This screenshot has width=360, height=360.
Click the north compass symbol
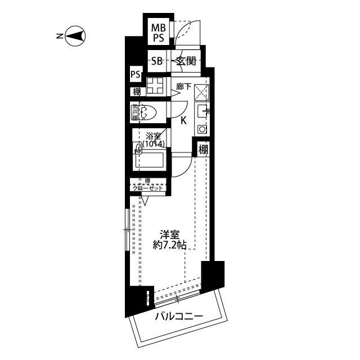[x=75, y=37]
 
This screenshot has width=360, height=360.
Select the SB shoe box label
[x=157, y=61]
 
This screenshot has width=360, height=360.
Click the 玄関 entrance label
[x=186, y=61]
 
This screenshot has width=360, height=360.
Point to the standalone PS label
[x=136, y=74]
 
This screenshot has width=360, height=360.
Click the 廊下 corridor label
[x=183, y=87]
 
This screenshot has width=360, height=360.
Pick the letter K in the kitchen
[x=183, y=120]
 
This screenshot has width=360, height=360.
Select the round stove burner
[x=202, y=129]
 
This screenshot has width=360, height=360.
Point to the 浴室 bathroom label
[x=154, y=136]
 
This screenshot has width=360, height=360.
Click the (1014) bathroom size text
[x=154, y=144]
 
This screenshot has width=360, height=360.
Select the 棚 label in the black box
[x=203, y=150]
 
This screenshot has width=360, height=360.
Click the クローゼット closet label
[x=147, y=188]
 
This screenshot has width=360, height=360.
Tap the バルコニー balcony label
[x=179, y=317]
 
